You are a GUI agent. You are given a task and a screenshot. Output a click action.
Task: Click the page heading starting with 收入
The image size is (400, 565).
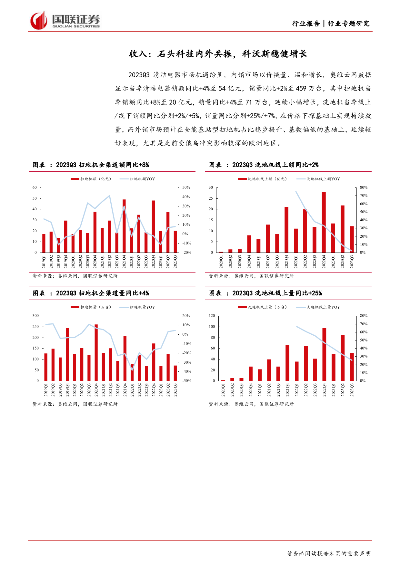pos(218,54)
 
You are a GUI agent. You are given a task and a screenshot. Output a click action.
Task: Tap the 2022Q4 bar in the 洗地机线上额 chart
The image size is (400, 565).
pos(324,222)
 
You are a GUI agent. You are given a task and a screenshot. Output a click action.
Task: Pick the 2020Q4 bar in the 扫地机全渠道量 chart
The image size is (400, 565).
pos(96,352)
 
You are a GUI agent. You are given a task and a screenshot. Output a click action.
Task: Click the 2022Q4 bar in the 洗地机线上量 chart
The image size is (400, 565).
pos(324,354)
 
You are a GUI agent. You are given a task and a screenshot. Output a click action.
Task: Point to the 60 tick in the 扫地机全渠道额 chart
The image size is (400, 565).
pos(35,187)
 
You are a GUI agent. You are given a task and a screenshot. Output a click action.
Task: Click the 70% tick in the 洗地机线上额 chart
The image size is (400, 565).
pos(364,196)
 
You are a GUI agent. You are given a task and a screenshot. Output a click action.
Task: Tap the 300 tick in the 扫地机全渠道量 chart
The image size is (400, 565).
pos(35,316)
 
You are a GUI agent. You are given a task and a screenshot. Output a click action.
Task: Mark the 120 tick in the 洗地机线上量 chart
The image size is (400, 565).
pos(212,316)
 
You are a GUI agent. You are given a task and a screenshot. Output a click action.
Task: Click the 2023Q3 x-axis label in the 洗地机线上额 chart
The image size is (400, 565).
pos(352,262)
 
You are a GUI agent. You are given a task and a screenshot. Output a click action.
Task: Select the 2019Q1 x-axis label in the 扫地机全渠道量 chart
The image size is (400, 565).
pos(46,390)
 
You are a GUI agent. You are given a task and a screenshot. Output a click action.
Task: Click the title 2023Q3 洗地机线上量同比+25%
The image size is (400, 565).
pos(277,293)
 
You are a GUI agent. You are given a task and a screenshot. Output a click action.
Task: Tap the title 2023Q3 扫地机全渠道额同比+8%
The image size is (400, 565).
pos(102,165)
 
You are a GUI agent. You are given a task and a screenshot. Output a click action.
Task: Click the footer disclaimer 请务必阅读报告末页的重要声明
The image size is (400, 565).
pos(329,553)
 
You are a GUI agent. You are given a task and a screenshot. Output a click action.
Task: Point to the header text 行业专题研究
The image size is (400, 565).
pos(349,24)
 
